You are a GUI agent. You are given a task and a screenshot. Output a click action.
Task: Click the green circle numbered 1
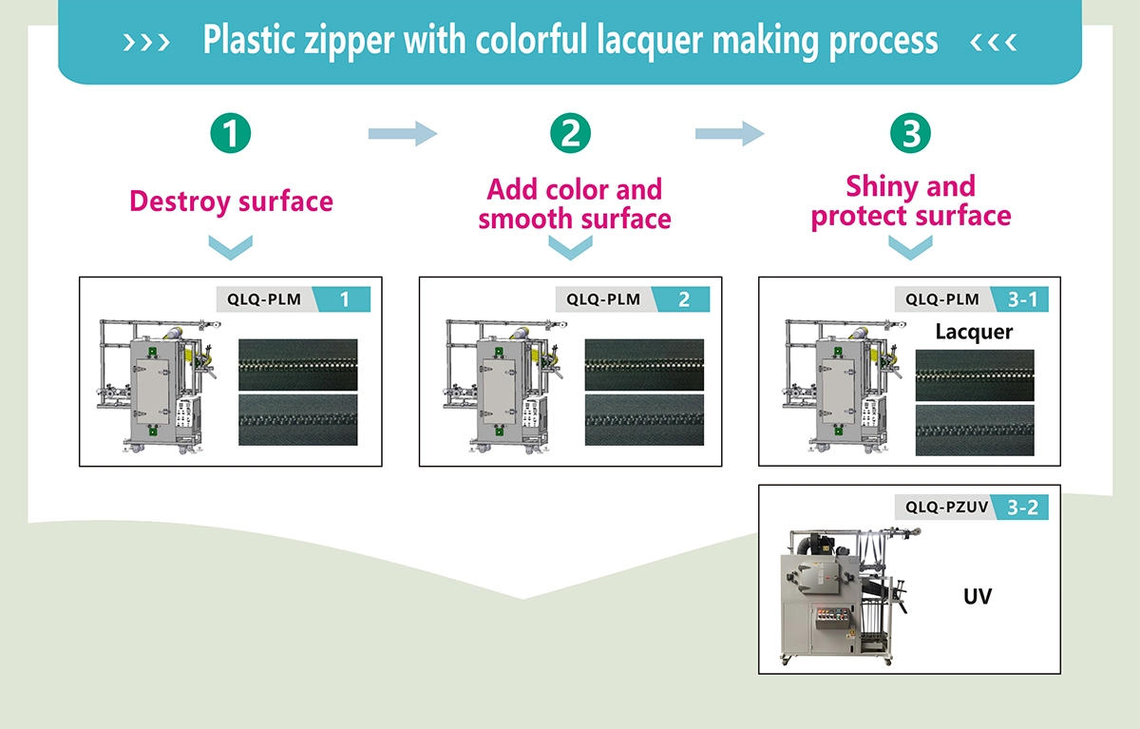231,133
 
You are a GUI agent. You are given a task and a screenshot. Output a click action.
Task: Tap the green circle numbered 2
571,133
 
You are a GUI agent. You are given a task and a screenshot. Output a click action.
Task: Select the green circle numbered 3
910,133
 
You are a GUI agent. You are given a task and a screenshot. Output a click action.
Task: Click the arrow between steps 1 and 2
403,134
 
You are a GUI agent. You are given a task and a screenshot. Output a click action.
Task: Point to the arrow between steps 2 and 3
730,134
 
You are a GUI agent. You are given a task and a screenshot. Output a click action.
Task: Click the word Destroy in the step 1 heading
180,202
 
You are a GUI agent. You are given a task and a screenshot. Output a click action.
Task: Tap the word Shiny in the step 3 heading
883,187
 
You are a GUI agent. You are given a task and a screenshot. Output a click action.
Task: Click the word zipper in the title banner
349,41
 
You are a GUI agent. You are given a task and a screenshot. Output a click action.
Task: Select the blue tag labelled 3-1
1019,298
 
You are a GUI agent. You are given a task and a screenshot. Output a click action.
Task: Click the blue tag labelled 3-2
1019,507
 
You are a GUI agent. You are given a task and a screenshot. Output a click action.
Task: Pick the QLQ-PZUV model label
946,507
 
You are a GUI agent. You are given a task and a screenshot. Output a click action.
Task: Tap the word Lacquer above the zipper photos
974,332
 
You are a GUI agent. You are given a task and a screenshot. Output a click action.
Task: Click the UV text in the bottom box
978,596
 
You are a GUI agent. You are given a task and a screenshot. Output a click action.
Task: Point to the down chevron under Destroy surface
231,247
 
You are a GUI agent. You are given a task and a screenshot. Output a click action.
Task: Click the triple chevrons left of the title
146,42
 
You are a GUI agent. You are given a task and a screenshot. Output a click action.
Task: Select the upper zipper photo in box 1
298,365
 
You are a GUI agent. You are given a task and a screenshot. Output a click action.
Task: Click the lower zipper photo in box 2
644,420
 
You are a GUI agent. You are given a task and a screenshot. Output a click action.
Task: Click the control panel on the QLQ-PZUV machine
832,618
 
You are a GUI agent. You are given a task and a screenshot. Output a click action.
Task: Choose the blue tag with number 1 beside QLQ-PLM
342,298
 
